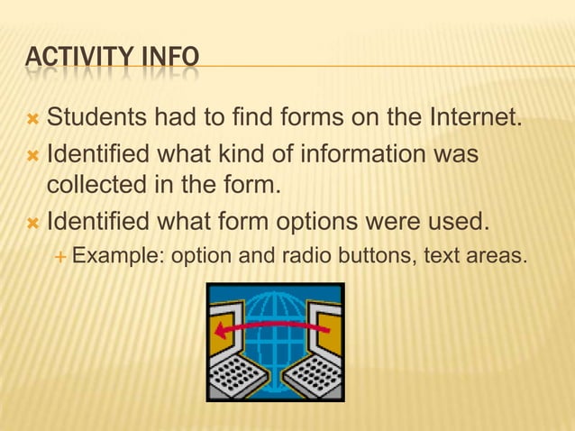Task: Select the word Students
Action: [x=100, y=117]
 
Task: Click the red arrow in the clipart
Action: [x=270, y=328]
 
